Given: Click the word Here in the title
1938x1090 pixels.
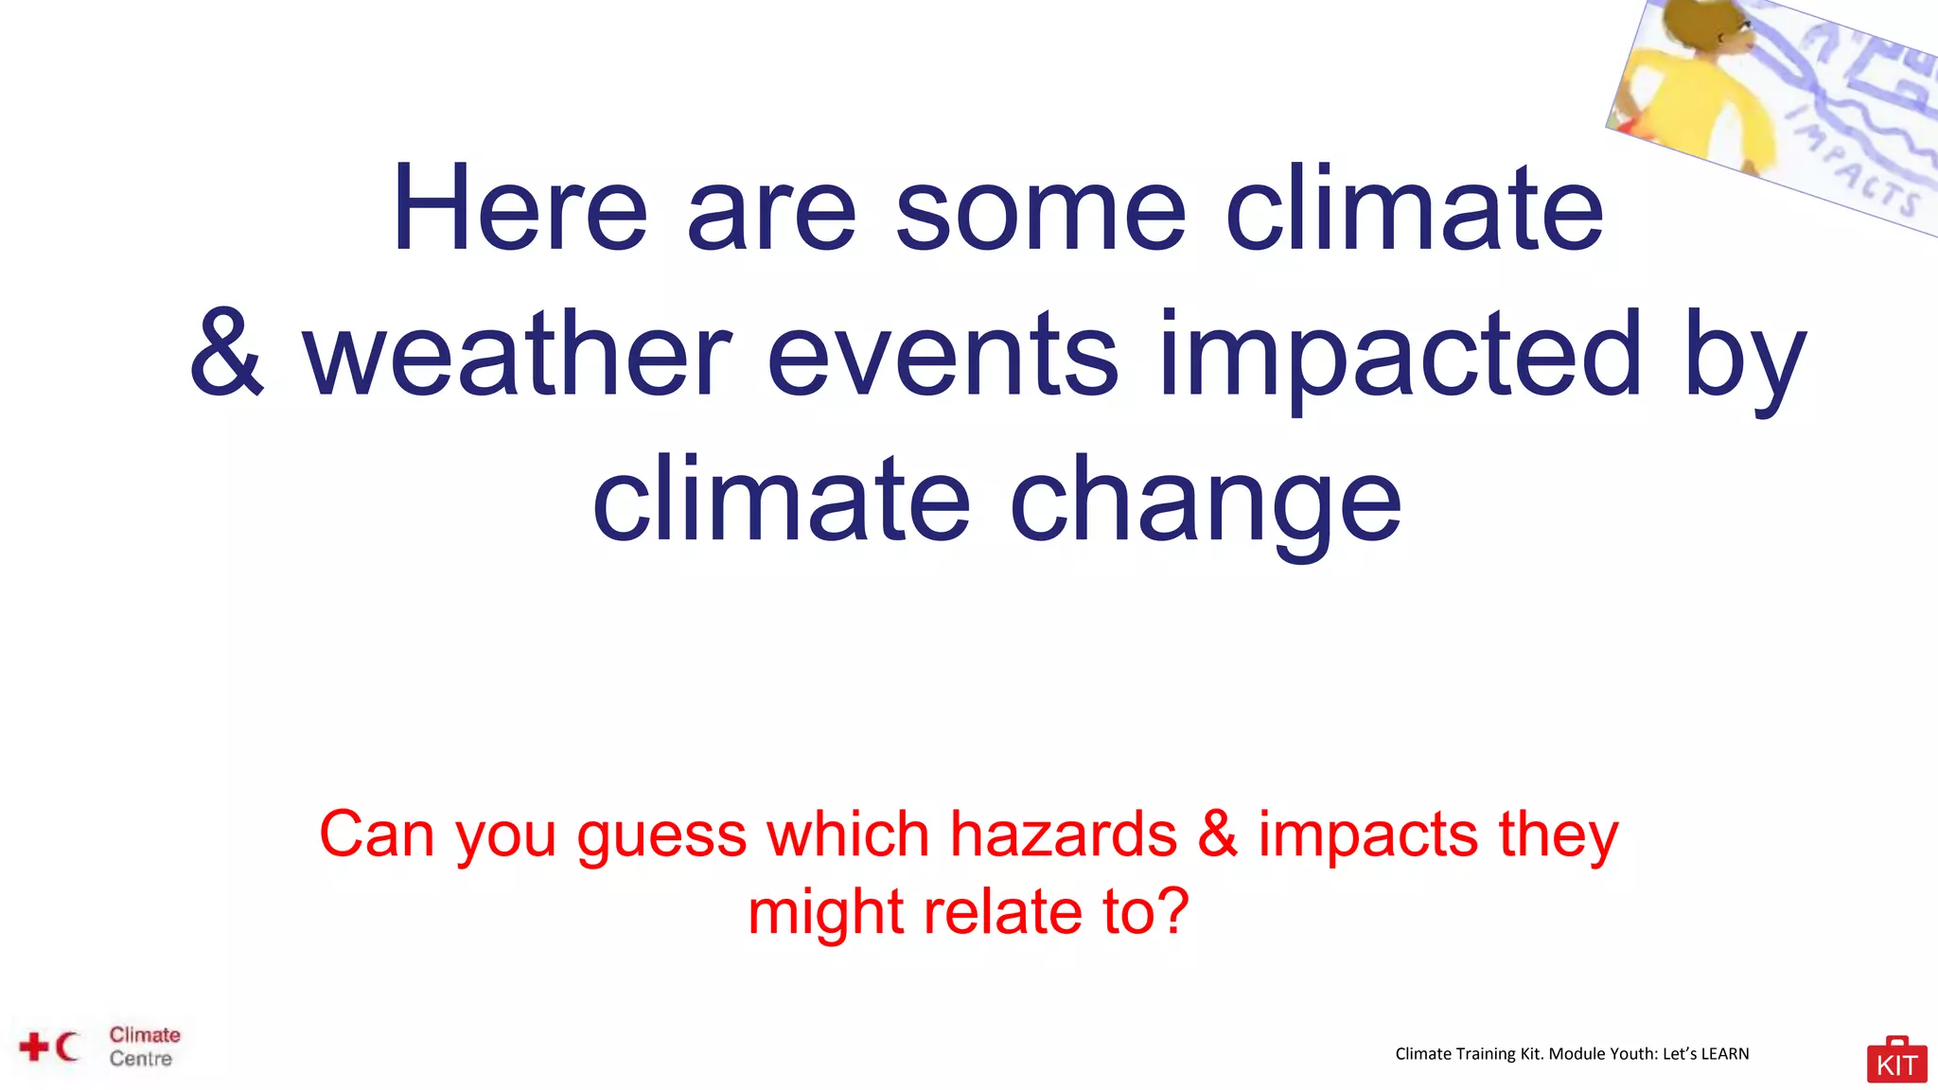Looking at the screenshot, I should tap(520, 209).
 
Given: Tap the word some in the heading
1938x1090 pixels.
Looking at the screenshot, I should tap(1040, 209).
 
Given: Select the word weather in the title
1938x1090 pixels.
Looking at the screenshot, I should tap(517, 355).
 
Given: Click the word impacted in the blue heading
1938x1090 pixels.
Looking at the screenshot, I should tap(1401, 355).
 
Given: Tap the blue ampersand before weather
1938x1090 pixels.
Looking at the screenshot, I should tap(226, 355).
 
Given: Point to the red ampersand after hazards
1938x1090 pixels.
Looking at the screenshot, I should tap(1218, 835).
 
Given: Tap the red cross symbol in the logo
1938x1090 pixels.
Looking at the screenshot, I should tap(34, 1047).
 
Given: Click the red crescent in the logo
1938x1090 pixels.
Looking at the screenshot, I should tap(65, 1046).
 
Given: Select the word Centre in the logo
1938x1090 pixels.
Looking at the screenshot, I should tap(141, 1059).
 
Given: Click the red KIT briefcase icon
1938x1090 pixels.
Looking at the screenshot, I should tap(1896, 1061).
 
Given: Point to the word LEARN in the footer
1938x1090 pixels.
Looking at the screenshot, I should tap(1724, 1054).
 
